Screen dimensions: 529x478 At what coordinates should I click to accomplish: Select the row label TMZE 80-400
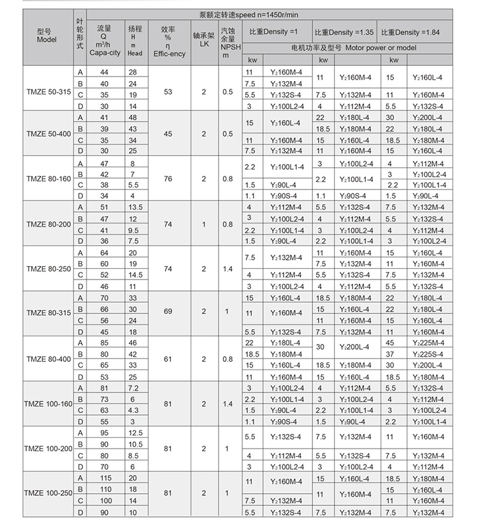[x=48, y=359]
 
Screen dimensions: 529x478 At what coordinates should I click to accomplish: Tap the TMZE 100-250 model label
[x=48, y=494]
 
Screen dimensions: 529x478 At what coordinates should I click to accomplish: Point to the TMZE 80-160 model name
[x=48, y=179]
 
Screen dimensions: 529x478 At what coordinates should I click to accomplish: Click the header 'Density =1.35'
[x=344, y=33]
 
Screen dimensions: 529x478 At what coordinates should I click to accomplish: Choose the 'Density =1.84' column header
[x=410, y=33]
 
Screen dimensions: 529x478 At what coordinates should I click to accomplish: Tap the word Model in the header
[x=47, y=40]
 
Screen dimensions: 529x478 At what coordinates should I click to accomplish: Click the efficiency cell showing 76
[x=168, y=179]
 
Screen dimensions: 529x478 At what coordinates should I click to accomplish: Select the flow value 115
[x=104, y=479]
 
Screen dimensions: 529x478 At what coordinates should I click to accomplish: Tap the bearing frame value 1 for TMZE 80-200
[x=203, y=225]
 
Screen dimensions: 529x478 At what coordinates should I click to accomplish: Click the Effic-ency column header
[x=169, y=54]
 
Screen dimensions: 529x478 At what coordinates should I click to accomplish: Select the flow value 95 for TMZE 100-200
[x=104, y=433]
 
